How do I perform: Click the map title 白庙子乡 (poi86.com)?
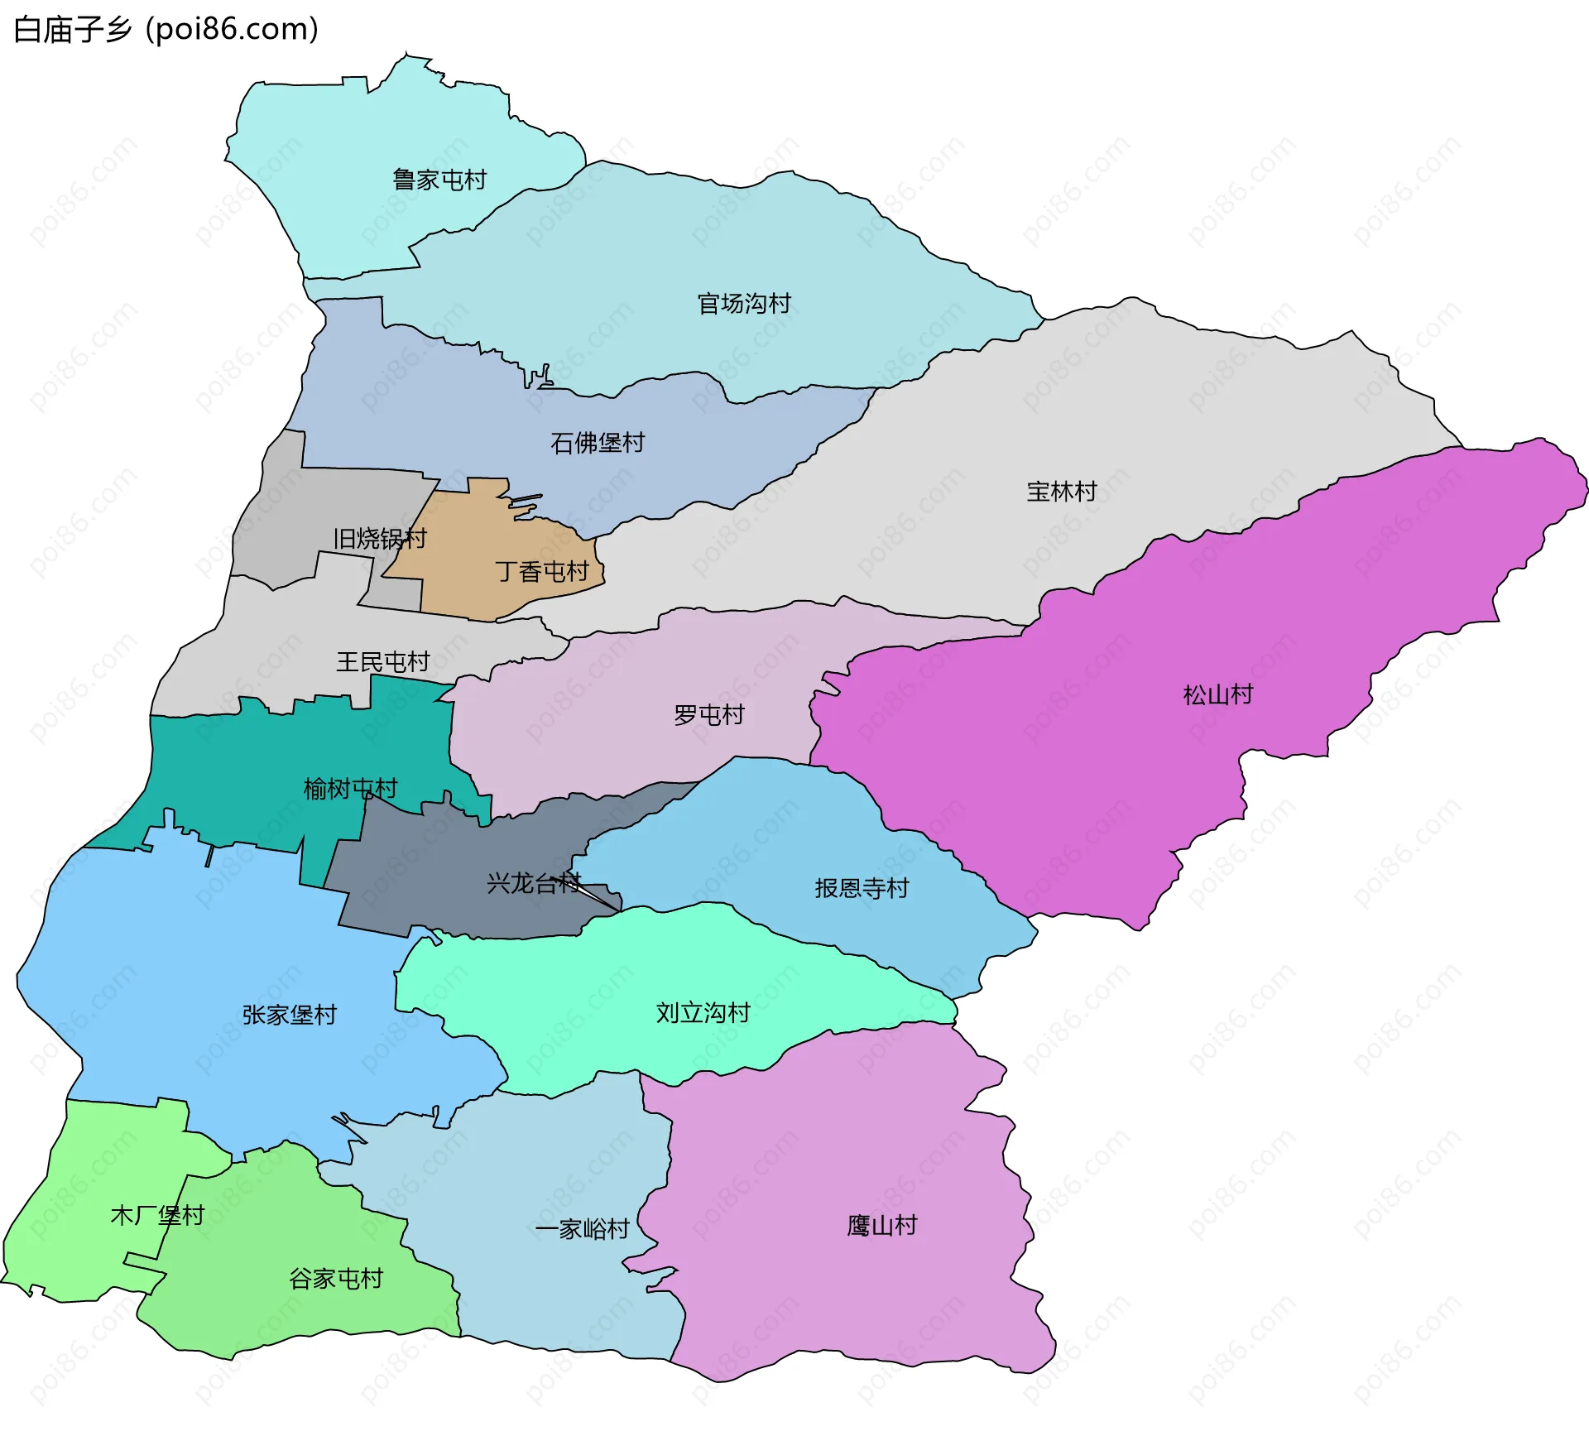(x=166, y=30)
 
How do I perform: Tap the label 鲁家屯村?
(x=439, y=180)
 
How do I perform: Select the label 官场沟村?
(x=743, y=304)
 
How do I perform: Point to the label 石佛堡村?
(x=597, y=443)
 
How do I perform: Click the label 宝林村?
(x=1061, y=492)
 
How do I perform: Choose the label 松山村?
(x=1217, y=694)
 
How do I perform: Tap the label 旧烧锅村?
(x=379, y=539)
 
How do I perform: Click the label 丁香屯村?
(x=541, y=571)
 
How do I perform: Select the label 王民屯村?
(x=382, y=662)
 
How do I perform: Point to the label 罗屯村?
(x=708, y=714)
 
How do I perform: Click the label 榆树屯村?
(x=350, y=789)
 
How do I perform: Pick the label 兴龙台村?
(x=534, y=883)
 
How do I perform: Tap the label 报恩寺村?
(x=862, y=888)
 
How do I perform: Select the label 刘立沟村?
(x=703, y=1012)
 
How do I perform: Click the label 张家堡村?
(x=290, y=1015)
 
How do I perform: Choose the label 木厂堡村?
(x=157, y=1215)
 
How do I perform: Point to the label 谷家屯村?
(x=336, y=1279)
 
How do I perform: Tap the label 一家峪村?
(x=582, y=1228)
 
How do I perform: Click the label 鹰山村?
(x=881, y=1225)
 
